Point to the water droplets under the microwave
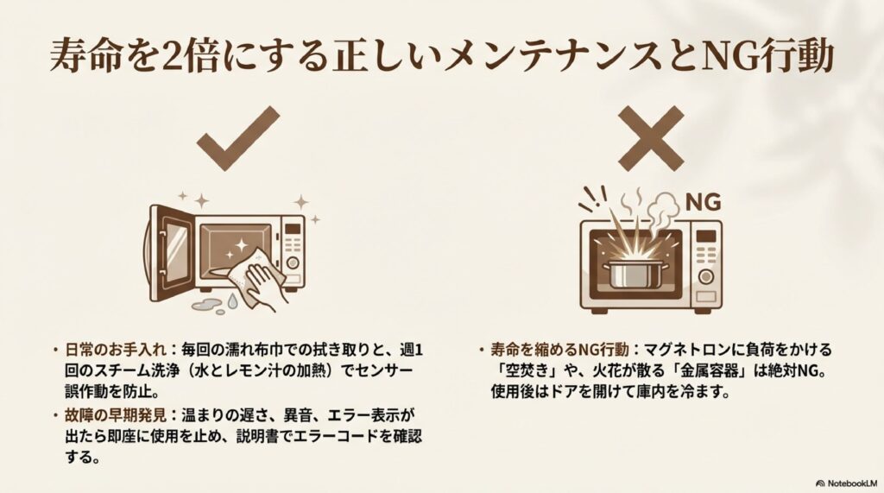point(217,305)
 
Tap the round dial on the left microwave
point(293,262)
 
